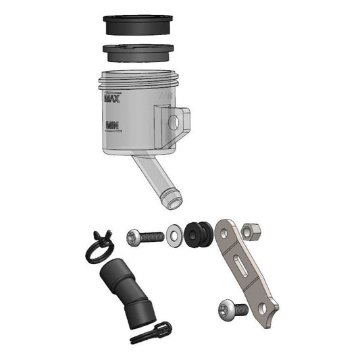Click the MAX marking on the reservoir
(x=112, y=97)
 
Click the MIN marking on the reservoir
(x=112, y=126)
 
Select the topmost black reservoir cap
(x=138, y=25)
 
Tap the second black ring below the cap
(x=138, y=53)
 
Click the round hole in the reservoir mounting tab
(x=174, y=122)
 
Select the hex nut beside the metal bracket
(x=251, y=232)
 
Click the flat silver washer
(x=174, y=236)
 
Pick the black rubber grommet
(x=198, y=234)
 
